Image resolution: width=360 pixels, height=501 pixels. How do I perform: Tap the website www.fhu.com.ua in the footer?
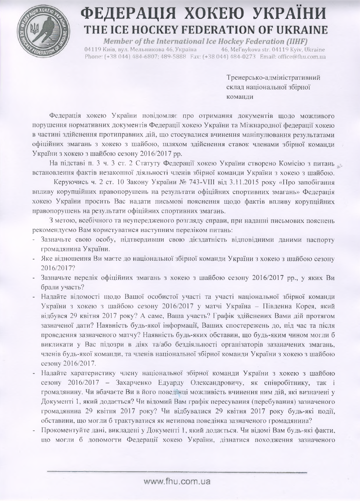177,481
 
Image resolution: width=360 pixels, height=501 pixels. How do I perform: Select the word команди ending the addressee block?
239,96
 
